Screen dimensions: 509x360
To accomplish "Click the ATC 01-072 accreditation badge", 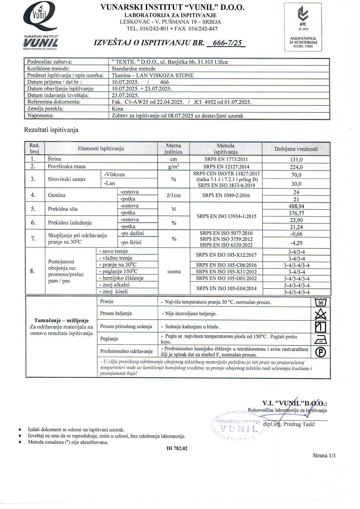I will pos(303,27).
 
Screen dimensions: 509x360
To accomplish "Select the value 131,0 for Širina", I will pos(296,159).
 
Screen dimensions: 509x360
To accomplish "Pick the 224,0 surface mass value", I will pos(296,167).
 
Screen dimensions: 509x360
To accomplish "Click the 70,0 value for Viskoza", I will pos(296,175).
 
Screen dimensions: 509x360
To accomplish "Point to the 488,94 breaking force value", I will pos(296,206).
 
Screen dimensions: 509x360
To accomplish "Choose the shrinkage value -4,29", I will pos(296,242).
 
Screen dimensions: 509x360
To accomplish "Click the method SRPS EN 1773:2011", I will pos(226,159).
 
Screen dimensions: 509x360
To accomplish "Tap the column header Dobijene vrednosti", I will pos(296,149).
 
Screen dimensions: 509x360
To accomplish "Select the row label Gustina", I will pos(57,195).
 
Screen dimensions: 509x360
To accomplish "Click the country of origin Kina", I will pos(117,109).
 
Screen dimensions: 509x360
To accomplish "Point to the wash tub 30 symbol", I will pos(321,302).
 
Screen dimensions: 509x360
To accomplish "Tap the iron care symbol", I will pos(321,339).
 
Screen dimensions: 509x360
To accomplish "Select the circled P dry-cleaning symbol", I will pos(321,352).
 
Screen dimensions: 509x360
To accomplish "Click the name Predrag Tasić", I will pos(299,424).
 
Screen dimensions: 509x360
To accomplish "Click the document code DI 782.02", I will pos(177,448).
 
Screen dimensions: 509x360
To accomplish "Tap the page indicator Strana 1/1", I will pos(324,455).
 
